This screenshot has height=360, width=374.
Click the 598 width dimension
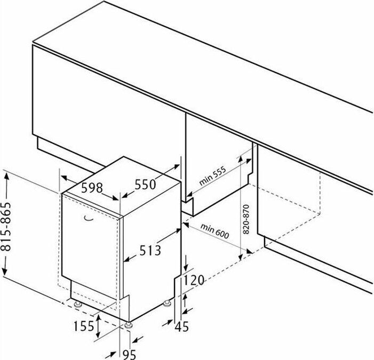[92, 188]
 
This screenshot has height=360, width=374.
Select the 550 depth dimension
[145, 185]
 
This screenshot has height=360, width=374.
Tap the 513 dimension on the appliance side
[150, 250]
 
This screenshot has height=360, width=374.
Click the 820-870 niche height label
[246, 219]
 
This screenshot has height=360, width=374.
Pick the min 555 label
[212, 177]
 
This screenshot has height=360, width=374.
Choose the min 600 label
[214, 231]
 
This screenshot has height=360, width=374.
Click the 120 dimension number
[194, 280]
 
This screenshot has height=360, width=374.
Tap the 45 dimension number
[182, 326]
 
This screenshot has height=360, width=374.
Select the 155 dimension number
[84, 326]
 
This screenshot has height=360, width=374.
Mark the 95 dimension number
[129, 354]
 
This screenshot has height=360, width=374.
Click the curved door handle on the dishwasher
[88, 218]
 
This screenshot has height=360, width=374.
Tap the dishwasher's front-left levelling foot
[78, 305]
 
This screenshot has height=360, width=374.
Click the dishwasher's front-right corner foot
[129, 325]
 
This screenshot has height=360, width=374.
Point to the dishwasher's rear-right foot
[166, 303]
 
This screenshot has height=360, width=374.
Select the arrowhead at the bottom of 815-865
[4, 271]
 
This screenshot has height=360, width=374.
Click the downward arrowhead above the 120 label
[186, 267]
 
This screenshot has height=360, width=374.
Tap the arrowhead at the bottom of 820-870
[241, 257]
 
